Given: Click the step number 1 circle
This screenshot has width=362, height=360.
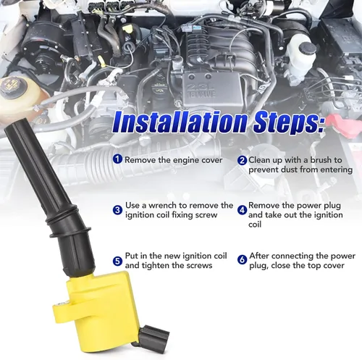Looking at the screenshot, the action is (117, 159).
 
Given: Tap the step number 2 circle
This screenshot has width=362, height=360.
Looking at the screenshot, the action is (242, 160).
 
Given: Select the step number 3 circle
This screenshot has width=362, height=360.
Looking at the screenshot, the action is (117, 210).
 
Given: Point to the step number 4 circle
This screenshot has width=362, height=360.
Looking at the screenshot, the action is (242, 210).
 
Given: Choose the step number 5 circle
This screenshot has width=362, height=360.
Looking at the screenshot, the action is (117, 261).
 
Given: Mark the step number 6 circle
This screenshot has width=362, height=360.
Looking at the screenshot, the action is (242, 260).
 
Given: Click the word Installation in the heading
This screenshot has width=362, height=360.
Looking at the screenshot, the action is (180, 122).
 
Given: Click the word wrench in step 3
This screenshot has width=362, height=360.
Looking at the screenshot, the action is (163, 206).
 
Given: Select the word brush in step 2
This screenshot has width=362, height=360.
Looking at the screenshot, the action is (321, 160).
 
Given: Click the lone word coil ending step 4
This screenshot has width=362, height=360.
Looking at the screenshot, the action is (255, 225).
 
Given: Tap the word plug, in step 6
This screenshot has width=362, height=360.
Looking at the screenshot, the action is (258, 266).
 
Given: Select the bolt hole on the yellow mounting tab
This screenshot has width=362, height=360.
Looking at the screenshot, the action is (61, 305).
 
